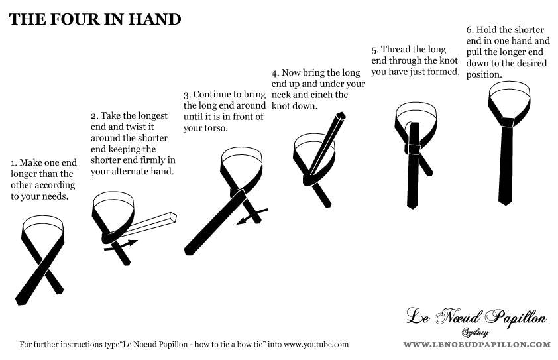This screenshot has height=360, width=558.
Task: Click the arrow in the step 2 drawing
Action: click(121, 245)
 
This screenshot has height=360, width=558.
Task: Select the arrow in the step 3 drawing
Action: click(252, 217)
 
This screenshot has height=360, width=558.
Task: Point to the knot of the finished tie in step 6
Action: click(508, 122)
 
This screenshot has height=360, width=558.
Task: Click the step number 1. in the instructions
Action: click(13, 163)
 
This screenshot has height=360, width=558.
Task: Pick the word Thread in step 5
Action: click(396, 49)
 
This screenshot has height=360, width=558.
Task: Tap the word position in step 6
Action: click(484, 75)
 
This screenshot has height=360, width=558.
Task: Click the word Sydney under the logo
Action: click(475, 333)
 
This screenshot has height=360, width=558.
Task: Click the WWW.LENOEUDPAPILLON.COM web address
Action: click(477, 345)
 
